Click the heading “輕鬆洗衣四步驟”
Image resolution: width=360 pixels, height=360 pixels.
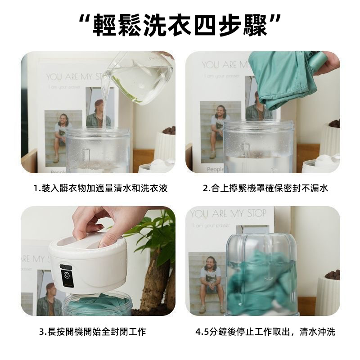(x=180, y=25)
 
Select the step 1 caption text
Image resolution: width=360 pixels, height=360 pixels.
(x=100, y=189)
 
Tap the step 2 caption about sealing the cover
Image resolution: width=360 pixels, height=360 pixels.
(x=265, y=189)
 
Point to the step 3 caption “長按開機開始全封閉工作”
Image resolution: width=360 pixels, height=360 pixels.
(x=93, y=332)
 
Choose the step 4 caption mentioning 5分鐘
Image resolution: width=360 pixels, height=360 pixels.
(x=265, y=332)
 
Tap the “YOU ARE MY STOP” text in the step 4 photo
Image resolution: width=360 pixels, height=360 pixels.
(x=229, y=213)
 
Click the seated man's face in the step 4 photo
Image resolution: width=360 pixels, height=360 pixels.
(x=209, y=264)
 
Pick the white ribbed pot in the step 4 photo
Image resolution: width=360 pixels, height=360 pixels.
(x=328, y=296)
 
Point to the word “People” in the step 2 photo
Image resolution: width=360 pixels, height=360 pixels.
(x=215, y=170)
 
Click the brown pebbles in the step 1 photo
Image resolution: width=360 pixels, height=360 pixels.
(x=170, y=131)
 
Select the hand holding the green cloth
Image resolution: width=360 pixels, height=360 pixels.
(x=327, y=63)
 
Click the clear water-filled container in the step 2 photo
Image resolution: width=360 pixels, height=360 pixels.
(x=258, y=147)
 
